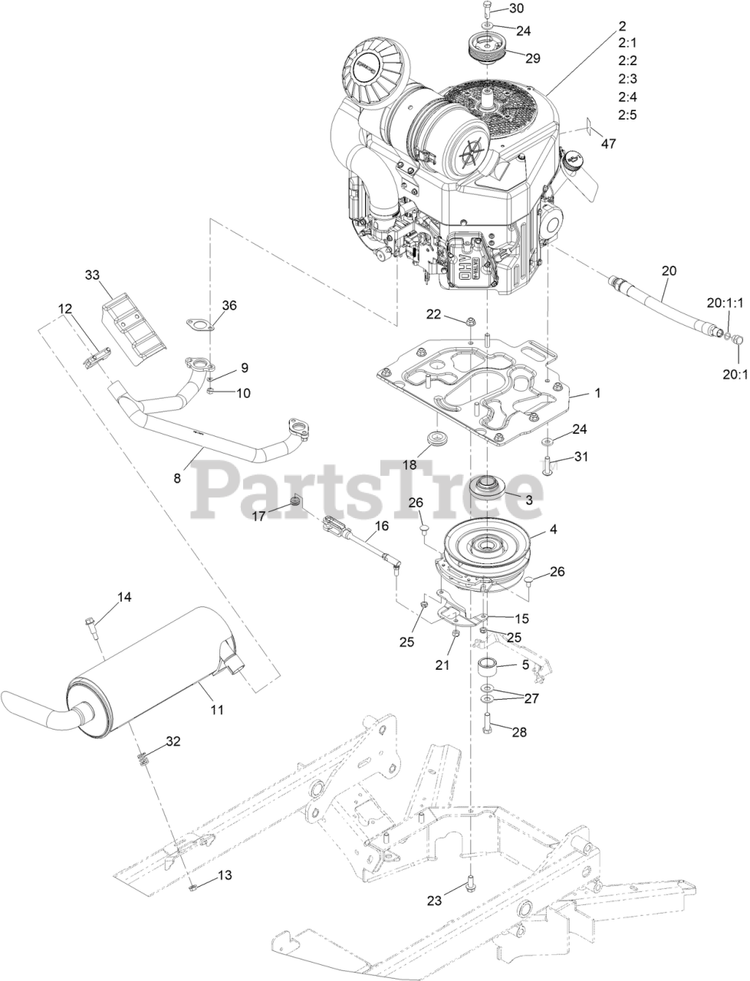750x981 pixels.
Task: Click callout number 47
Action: point(607,143)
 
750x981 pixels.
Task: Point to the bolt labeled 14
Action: point(90,625)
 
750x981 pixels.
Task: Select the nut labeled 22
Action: point(469,319)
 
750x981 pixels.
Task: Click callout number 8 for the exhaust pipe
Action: point(177,477)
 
